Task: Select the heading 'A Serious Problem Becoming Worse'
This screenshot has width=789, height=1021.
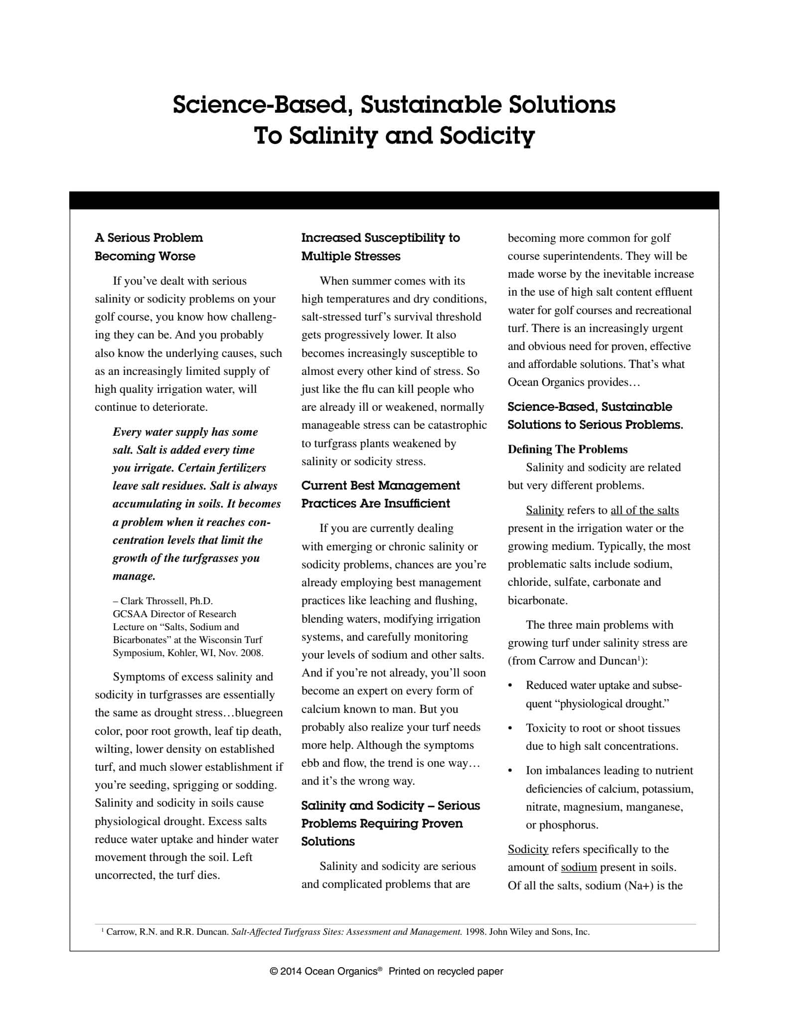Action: (x=149, y=247)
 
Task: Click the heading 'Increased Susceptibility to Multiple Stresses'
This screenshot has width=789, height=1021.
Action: (x=380, y=247)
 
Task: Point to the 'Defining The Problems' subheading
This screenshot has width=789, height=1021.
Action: (x=567, y=449)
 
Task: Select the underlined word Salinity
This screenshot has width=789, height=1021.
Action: (x=545, y=510)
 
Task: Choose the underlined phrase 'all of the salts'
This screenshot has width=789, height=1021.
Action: (x=644, y=510)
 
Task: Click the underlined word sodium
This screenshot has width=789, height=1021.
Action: (x=579, y=867)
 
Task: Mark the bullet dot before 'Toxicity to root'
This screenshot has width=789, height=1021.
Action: (x=510, y=728)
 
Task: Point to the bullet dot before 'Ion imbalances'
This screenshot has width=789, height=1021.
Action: (x=510, y=771)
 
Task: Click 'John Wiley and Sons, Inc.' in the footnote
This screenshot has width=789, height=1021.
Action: (x=539, y=932)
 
